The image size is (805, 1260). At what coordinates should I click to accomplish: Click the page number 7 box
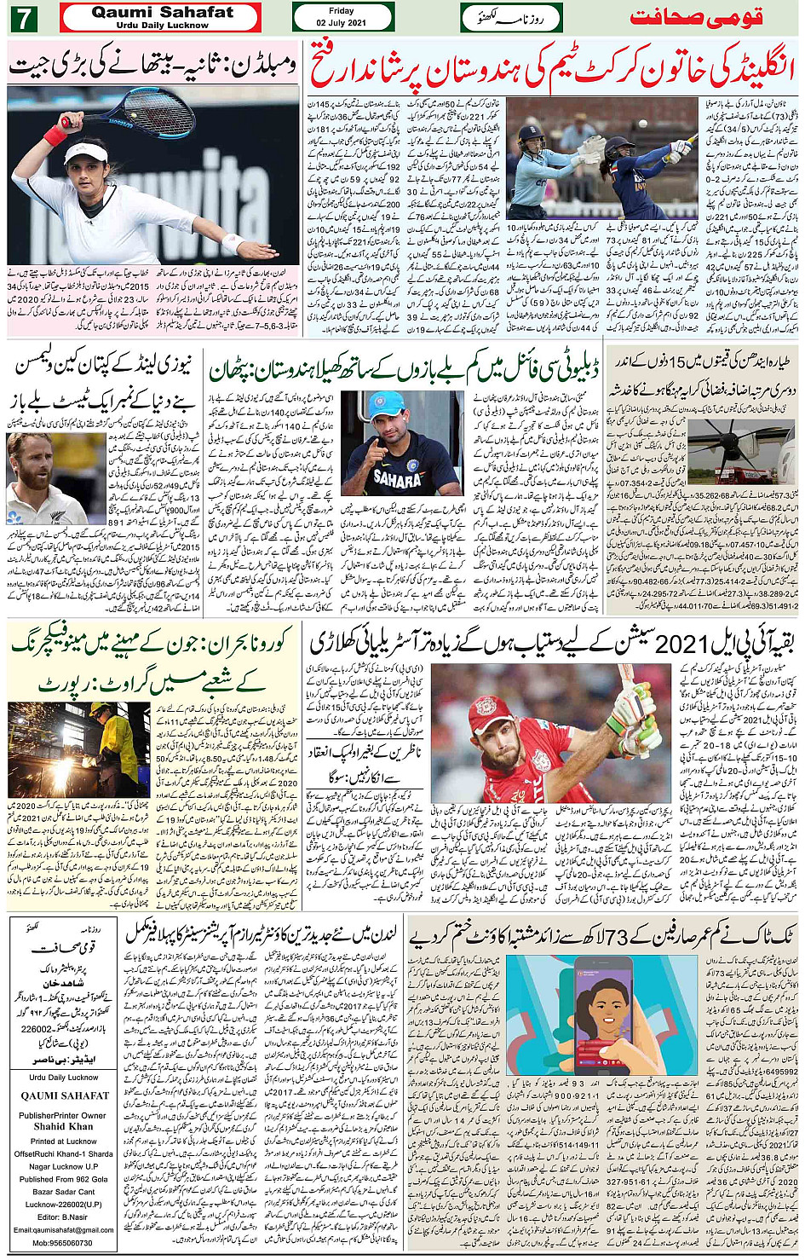point(23,17)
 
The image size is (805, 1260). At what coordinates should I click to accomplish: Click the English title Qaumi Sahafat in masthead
point(162,12)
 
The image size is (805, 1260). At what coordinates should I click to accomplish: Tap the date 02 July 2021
point(341,22)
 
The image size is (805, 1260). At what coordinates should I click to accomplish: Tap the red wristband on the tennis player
point(55,135)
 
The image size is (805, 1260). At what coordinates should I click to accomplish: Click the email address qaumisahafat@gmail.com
point(63,1229)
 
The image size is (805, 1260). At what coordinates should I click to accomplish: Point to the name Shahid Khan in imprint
point(63,1126)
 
